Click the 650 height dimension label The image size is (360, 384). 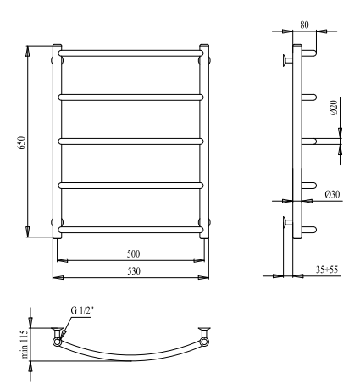click(x=22, y=142)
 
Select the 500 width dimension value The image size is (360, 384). click(x=133, y=254)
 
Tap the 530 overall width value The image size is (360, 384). click(x=134, y=271)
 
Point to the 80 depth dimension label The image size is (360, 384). click(x=304, y=25)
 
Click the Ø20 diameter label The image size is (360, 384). click(x=334, y=108)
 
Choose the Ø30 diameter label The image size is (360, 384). click(x=332, y=194)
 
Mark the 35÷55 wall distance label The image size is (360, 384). click(x=327, y=270)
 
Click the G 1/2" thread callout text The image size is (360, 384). click(x=82, y=310)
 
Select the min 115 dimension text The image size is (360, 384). click(x=25, y=343)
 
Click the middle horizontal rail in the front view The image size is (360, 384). click(x=130, y=142)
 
